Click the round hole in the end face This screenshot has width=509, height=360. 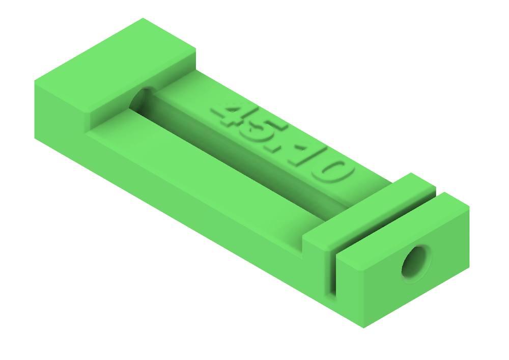[x=416, y=263]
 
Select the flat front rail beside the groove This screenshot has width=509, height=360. [x=204, y=173]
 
